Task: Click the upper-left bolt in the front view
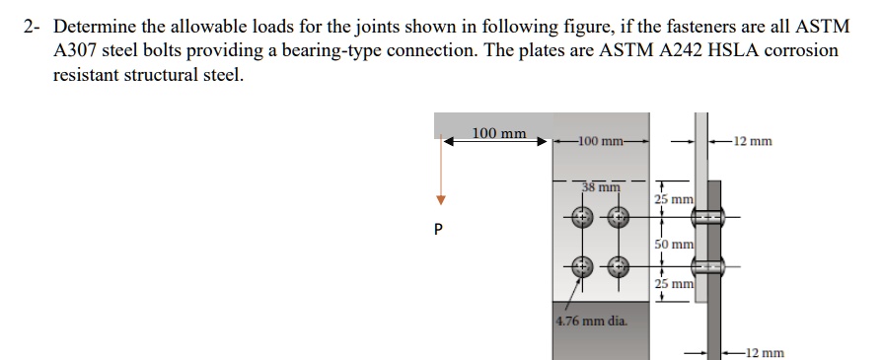[582, 215]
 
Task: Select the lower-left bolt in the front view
[582, 264]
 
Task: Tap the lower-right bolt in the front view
[618, 264]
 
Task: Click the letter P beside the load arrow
[440, 230]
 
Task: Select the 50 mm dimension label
[676, 244]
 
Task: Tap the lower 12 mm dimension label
[765, 352]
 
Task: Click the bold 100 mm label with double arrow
[498, 133]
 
